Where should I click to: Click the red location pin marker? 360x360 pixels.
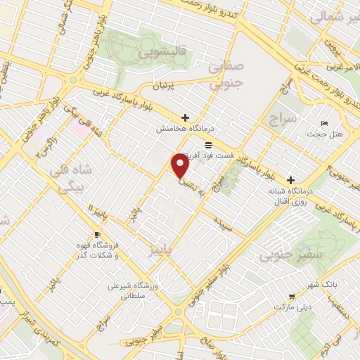click(x=181, y=166)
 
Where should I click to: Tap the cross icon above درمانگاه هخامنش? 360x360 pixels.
click(x=185, y=117)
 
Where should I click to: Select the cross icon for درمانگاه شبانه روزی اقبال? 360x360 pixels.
click(x=290, y=179)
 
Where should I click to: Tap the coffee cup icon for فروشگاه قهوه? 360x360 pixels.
click(x=97, y=234)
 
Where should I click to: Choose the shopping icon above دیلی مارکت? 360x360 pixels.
click(x=291, y=297)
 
